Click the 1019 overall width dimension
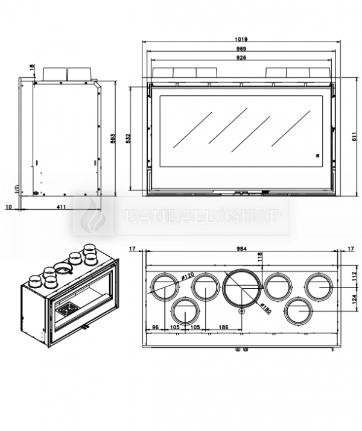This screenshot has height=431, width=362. (x=241, y=40)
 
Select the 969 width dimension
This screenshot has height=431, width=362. (x=241, y=49)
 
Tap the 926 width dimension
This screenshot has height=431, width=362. (x=241, y=58)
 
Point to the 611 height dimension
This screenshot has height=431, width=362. (x=354, y=137)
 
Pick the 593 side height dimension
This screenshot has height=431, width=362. (x=113, y=138)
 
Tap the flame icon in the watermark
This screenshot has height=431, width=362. (x=94, y=216)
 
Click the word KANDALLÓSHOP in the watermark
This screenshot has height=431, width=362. (x=202, y=216)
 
